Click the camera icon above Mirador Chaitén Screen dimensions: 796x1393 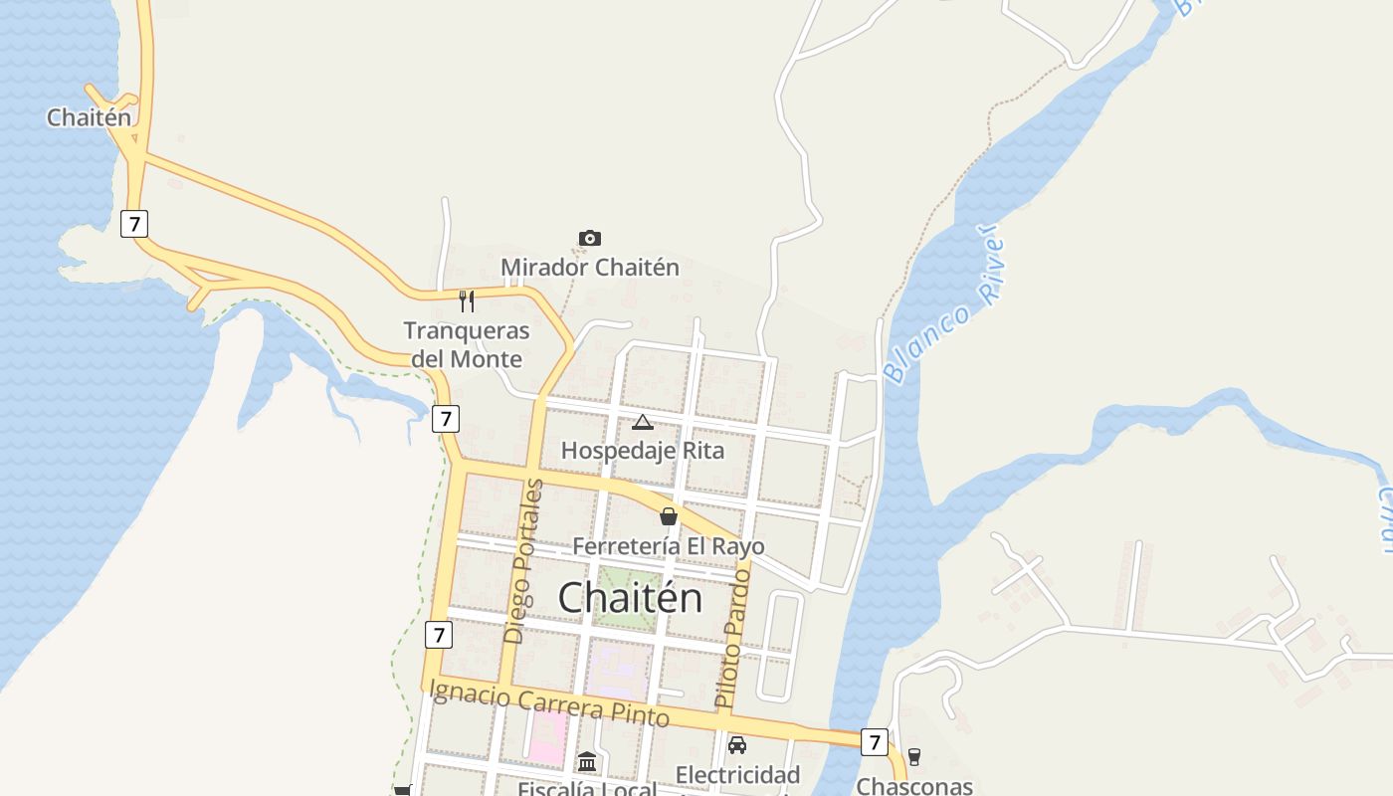click(x=590, y=239)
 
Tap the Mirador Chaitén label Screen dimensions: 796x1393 click(x=590, y=268)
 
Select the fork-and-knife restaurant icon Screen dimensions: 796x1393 click(x=466, y=300)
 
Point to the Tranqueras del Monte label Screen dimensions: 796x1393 click(x=467, y=344)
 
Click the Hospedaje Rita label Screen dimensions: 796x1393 click(x=643, y=451)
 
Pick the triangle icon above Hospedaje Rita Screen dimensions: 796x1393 click(x=643, y=423)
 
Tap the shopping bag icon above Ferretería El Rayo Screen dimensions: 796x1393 click(x=669, y=516)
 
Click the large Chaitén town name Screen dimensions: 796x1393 click(x=630, y=598)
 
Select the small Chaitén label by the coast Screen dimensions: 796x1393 click(x=89, y=117)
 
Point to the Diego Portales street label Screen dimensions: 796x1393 click(x=523, y=561)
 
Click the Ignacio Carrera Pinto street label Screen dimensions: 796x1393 click(x=549, y=701)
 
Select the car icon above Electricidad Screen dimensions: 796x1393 click(x=737, y=745)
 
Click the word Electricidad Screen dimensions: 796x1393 click(x=737, y=775)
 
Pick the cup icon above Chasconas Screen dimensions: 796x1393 click(x=914, y=757)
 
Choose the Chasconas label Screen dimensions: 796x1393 click(x=914, y=786)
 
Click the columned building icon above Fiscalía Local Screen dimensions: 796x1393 click(x=587, y=762)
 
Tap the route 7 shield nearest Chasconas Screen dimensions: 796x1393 click(x=874, y=741)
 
